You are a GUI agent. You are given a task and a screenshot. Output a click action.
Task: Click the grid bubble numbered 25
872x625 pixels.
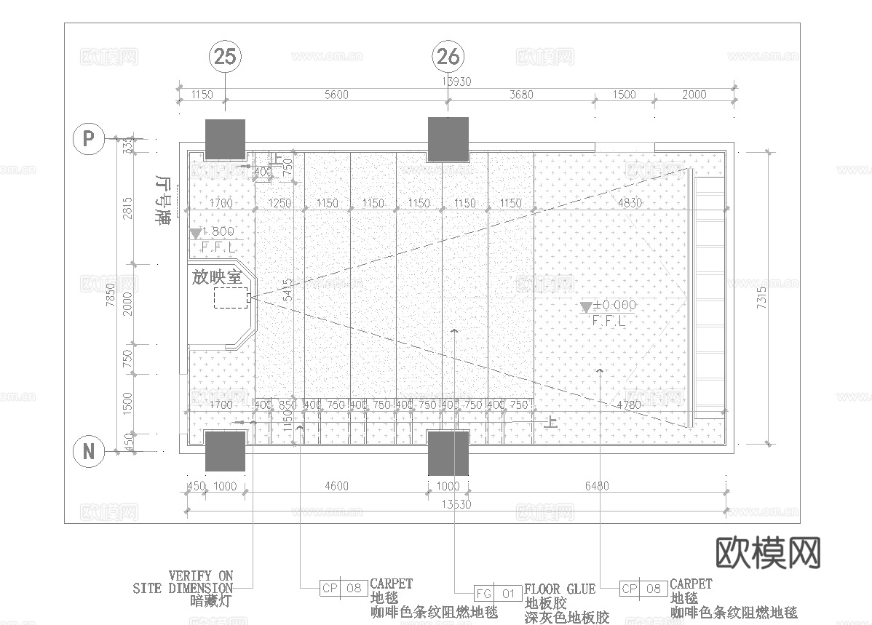pos(225,56)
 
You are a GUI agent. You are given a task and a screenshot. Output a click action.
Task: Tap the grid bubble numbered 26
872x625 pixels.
pos(448,56)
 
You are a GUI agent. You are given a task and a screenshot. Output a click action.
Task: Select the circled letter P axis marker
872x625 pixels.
pos(89,138)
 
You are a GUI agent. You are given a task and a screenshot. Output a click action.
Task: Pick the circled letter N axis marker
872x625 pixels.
pos(89,451)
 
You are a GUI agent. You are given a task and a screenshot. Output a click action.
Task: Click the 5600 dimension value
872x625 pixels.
pos(336,95)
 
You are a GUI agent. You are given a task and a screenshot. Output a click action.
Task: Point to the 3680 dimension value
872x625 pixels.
pos(521,95)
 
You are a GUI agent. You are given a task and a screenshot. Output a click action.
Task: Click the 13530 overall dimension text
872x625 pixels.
pos(456,504)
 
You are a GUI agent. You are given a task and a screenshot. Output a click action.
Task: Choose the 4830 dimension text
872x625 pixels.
pos(630,203)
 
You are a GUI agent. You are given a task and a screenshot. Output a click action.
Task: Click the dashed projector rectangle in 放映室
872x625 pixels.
pos(231,298)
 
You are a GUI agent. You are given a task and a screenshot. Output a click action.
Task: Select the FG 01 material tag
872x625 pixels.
pos(498,594)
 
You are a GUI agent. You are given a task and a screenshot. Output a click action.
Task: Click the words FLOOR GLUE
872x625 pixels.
pos(560,589)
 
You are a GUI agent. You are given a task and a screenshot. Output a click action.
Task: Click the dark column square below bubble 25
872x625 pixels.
pos(225,140)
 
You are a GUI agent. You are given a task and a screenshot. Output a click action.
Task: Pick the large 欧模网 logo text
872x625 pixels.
pos(769,553)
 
